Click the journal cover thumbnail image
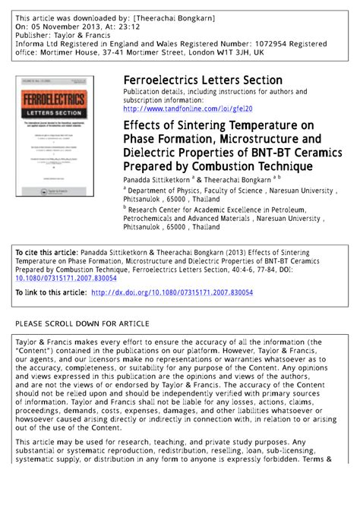tap(55, 136)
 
